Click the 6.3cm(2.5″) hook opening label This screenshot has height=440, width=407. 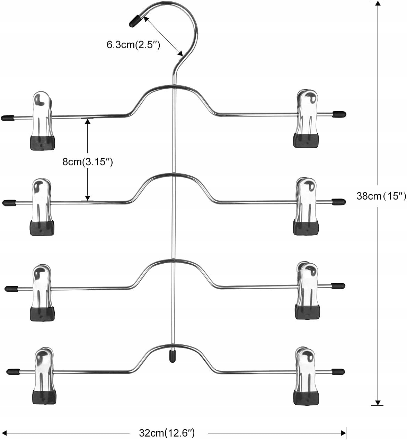133,45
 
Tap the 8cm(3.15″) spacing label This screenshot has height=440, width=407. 88,162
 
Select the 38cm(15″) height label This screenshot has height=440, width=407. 381,196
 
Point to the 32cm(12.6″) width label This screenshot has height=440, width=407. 167,433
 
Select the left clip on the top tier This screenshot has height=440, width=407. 42,121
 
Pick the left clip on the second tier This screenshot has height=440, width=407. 42,207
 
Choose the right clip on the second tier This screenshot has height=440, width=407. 306,206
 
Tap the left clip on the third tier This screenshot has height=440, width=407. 42,292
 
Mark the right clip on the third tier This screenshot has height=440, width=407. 307,291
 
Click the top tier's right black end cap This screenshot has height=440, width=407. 339,114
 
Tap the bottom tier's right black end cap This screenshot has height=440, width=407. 338,371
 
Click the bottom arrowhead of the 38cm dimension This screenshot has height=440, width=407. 378,403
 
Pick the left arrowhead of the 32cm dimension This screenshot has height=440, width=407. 4,433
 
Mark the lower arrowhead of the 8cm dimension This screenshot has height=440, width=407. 88,198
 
